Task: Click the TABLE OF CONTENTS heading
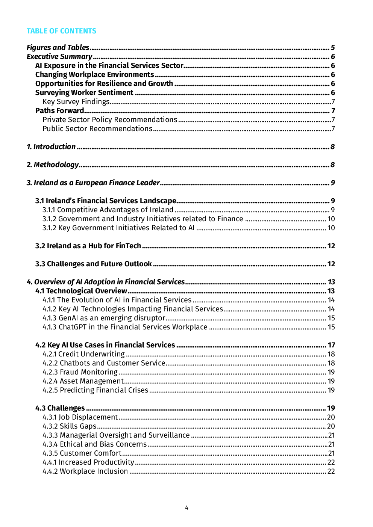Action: coord(61,31)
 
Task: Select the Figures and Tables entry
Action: coord(58,48)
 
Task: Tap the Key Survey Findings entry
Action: coord(76,102)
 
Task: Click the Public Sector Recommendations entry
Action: coord(97,129)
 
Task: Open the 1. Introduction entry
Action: coord(51,147)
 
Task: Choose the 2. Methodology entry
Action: coord(53,165)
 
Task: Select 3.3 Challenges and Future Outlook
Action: coord(93,264)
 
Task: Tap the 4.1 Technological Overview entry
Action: coord(81,291)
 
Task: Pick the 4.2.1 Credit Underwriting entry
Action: coord(83,354)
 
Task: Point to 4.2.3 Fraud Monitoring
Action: coord(80,372)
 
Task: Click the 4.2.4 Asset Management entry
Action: coord(83,381)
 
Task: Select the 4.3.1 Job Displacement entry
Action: coord(80,417)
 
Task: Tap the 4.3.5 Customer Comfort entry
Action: coord(82,453)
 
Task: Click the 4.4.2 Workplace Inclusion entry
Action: coord(85,471)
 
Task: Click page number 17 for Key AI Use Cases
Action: coord(331,345)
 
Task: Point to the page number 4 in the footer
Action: coord(186,508)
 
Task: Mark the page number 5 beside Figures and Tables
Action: coord(333,48)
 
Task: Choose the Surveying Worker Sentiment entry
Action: coord(84,93)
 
